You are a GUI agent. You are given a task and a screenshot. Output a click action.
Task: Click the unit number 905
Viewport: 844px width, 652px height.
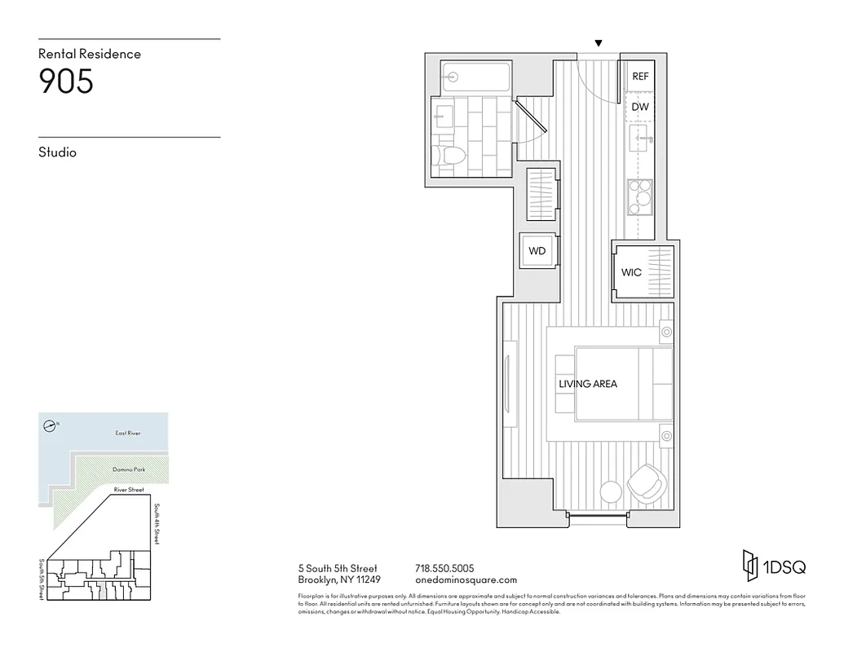click(66, 82)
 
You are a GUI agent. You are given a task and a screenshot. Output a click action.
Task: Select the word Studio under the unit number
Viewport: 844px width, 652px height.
click(57, 152)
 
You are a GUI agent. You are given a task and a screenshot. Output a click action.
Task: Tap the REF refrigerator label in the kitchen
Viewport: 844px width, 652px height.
click(640, 77)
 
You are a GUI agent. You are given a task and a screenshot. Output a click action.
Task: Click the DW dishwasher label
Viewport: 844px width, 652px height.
click(640, 107)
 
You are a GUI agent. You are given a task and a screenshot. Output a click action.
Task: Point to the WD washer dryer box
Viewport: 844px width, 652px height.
click(537, 251)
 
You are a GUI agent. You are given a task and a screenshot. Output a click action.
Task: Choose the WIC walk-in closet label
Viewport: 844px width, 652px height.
click(631, 272)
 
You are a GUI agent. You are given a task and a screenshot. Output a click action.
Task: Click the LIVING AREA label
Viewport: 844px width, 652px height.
click(587, 384)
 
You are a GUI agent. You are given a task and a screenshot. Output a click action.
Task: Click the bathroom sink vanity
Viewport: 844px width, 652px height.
click(444, 117)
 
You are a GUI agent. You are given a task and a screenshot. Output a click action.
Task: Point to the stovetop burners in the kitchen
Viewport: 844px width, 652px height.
click(639, 196)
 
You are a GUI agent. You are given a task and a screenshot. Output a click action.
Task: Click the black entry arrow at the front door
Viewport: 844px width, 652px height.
click(599, 43)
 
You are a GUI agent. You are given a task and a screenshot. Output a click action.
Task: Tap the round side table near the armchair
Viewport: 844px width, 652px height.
click(610, 491)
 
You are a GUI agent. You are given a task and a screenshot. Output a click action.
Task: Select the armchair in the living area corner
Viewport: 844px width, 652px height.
click(647, 482)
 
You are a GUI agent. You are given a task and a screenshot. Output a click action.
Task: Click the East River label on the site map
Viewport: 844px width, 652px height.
click(128, 433)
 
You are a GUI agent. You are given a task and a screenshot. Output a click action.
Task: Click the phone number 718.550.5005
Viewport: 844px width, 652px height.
click(444, 568)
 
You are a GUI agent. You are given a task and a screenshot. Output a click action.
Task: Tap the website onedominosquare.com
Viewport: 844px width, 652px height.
click(466, 580)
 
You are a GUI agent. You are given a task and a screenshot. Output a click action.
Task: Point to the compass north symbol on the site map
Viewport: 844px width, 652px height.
click(51, 425)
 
